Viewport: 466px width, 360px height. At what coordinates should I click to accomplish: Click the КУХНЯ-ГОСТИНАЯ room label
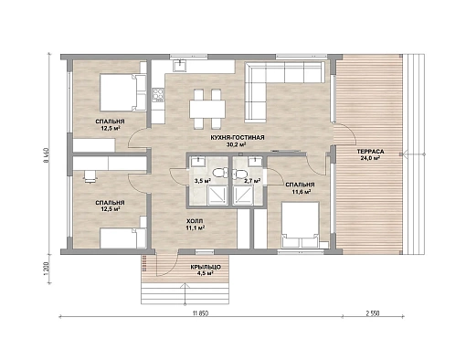pos(238,138)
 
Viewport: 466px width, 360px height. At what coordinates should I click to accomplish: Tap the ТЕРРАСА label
pos(370,152)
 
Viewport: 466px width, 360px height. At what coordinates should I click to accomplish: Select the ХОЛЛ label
pos(196,221)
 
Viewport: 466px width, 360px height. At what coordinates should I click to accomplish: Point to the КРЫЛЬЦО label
pos(206,267)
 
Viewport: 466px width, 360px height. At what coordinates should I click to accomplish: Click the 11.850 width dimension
pos(200,313)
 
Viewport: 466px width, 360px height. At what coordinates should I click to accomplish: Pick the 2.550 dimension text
pos(373,313)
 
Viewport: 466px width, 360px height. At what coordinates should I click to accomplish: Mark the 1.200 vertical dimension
pos(47,270)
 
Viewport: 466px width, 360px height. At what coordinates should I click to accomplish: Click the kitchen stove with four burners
pos(158,95)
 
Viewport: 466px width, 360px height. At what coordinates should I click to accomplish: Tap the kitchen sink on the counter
pos(180,66)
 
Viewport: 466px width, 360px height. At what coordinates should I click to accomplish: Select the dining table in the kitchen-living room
pos(207,109)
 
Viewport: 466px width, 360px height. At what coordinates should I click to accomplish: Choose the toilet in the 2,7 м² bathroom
pos(239,175)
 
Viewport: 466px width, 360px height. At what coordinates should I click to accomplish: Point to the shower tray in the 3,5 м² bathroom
pos(217,196)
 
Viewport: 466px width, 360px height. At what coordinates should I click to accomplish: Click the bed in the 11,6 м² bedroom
pos(301,225)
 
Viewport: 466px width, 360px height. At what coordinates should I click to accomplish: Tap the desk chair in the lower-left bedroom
pos(90,177)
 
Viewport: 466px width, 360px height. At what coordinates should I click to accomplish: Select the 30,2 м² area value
pos(237,144)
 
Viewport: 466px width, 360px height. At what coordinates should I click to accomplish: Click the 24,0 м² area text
pos(370,158)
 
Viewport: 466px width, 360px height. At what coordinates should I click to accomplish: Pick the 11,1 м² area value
pos(196,228)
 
